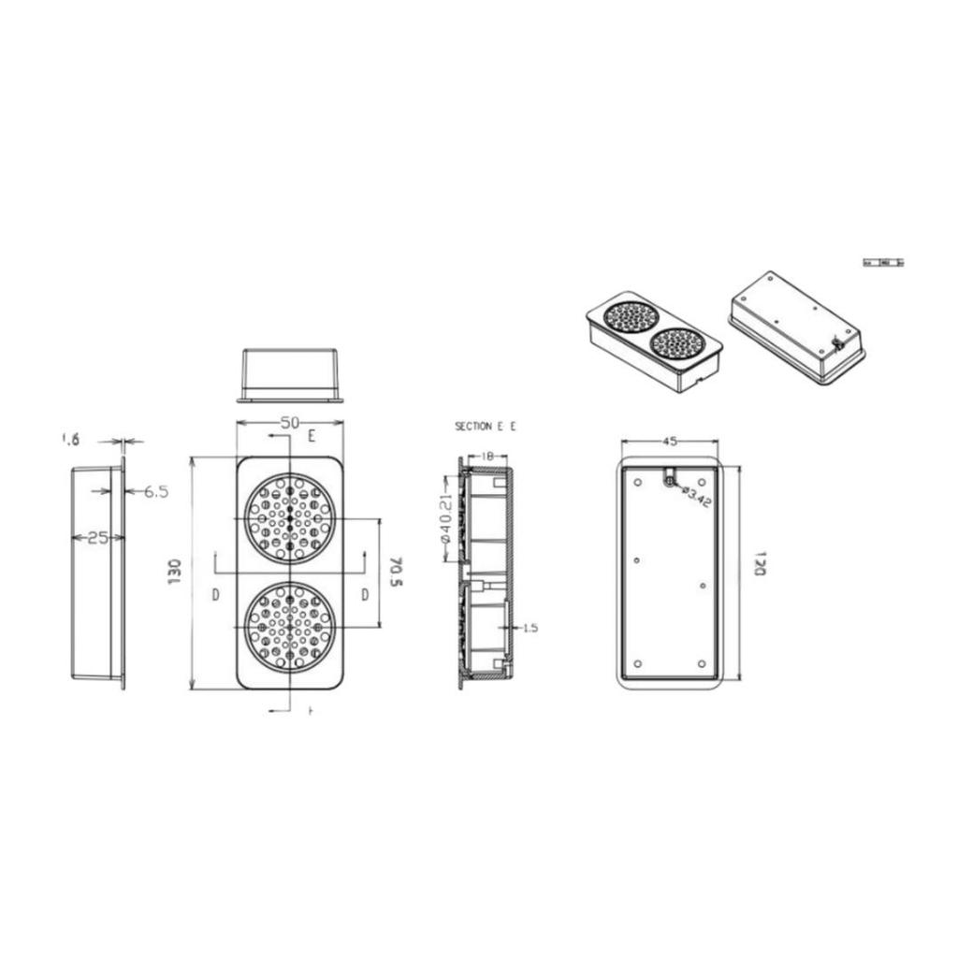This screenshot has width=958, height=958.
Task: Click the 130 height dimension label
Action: tap(174, 572)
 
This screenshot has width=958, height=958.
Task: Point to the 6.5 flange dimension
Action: tap(155, 491)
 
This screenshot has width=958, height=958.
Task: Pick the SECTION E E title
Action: tap(485, 427)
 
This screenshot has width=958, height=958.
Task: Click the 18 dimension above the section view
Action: tap(487, 456)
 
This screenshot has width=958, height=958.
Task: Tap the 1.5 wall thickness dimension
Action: tap(530, 628)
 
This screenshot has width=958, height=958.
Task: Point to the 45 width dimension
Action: tap(670, 441)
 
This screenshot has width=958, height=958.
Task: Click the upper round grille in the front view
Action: tap(289, 518)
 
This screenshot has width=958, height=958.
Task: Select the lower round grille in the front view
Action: tap(289, 627)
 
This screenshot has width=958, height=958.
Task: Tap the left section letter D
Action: tap(215, 595)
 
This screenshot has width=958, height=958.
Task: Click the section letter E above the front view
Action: tap(312, 436)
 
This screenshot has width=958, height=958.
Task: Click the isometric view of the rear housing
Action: tap(796, 328)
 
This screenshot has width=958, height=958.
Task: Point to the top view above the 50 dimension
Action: tap(290, 375)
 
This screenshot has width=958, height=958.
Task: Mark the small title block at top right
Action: tap(883, 263)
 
